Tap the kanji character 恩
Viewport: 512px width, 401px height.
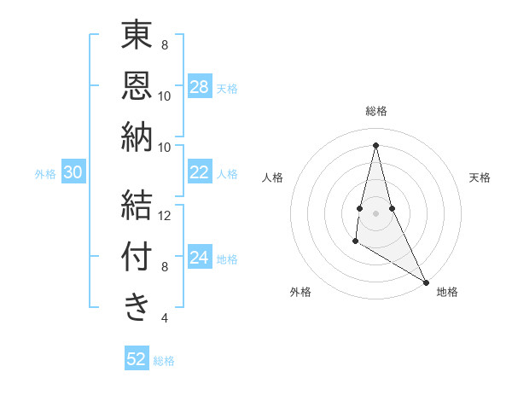tap(137, 86)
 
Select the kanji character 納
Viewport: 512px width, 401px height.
tap(137, 137)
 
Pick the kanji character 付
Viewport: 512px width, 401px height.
tap(137, 257)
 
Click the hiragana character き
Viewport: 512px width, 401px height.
tap(137, 308)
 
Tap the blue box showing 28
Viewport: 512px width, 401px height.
tap(200, 87)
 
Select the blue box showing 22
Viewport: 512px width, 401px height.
tap(200, 172)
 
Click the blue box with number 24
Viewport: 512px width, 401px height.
tap(200, 258)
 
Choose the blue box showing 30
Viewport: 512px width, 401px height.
tap(73, 172)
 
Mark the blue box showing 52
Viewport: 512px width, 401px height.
tap(137, 359)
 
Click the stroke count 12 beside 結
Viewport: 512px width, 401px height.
tap(165, 216)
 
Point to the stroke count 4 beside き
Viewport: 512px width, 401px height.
tap(165, 318)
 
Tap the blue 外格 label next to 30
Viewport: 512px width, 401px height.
tap(45, 173)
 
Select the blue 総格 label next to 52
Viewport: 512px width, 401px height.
tap(164, 360)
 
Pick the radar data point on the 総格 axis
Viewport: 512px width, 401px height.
tap(375, 144)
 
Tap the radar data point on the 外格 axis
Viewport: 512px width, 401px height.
tap(355, 241)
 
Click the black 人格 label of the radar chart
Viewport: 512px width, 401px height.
tap(272, 177)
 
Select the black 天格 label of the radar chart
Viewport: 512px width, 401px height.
tap(480, 177)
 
